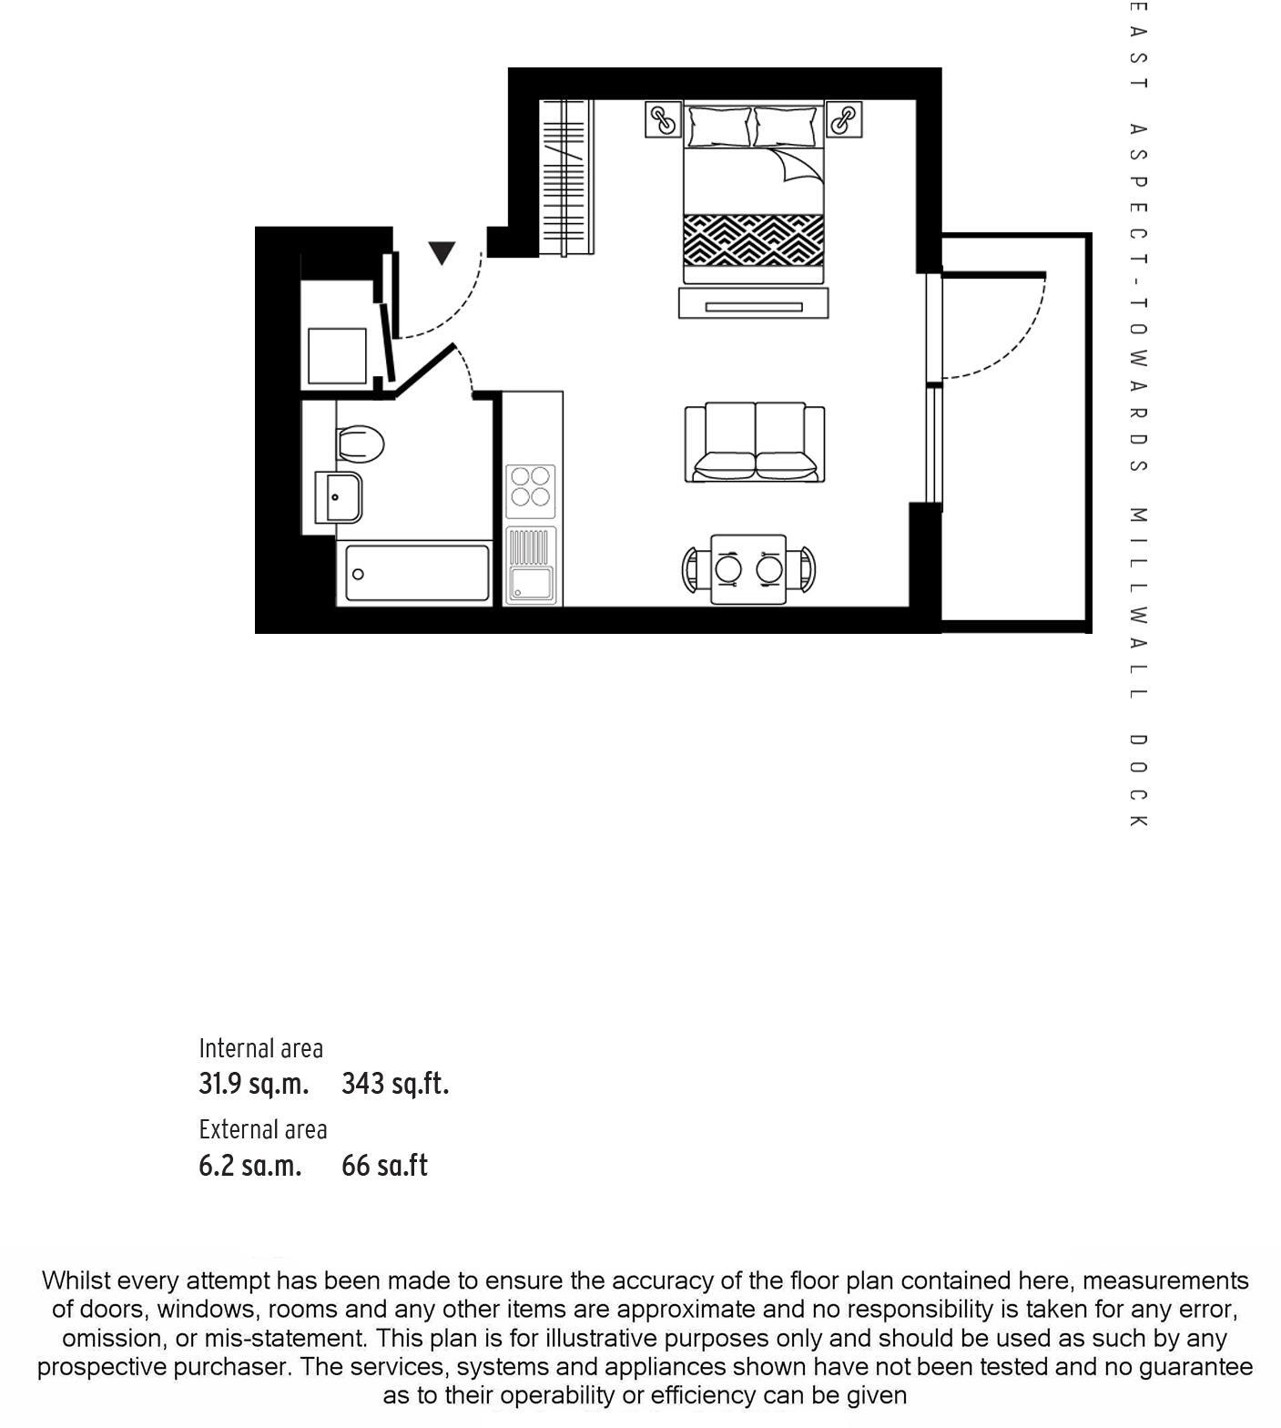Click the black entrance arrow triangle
pos(442,252)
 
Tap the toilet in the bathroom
pos(361,444)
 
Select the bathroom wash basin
pos(339,497)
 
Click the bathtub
pos(417,573)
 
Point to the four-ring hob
pos(531,486)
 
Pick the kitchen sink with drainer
pos(531,565)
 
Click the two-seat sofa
pos(755,443)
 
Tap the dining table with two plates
pos(748,569)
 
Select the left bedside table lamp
pos(664,119)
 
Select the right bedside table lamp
pos(844,119)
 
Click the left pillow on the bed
pos(719,127)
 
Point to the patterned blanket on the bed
pos(754,240)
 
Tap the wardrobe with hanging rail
pos(566,178)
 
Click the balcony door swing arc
pos(1011,346)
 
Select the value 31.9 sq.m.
pos(254,1084)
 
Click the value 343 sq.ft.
pos(395,1084)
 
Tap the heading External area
pos(263,1129)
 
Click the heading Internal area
pos(261,1048)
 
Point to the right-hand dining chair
pos(802,569)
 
